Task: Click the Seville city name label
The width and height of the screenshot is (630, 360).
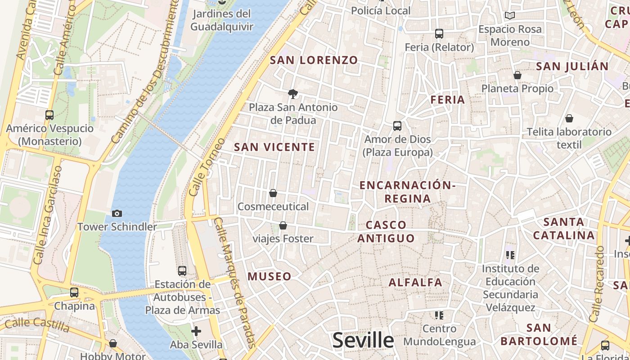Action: (x=363, y=341)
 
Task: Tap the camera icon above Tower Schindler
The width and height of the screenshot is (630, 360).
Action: (x=117, y=213)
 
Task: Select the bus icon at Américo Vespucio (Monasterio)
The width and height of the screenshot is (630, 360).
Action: (x=49, y=115)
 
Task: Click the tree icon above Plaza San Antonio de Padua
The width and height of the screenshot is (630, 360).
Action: (x=293, y=94)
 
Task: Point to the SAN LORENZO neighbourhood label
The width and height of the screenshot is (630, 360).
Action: (x=314, y=60)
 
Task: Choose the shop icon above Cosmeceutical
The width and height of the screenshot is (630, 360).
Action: (x=273, y=193)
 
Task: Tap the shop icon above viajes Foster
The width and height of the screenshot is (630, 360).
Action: (x=283, y=225)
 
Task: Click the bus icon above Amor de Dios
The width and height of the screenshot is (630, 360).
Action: (x=397, y=126)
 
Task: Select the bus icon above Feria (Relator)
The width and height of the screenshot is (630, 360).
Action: (x=439, y=34)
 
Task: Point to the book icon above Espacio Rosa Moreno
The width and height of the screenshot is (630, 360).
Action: (x=509, y=16)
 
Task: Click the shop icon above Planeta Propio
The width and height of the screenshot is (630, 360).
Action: (x=517, y=75)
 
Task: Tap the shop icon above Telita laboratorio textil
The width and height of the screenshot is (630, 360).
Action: (x=569, y=118)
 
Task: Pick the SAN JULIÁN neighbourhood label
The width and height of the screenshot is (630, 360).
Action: (x=572, y=67)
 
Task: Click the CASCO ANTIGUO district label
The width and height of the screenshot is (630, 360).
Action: (x=386, y=231)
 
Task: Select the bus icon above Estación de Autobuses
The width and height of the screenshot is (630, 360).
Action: (x=182, y=271)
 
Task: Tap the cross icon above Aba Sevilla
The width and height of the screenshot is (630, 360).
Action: (x=196, y=332)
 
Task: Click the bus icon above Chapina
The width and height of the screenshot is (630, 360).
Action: (x=74, y=293)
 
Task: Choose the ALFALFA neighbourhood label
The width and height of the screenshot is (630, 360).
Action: (x=415, y=283)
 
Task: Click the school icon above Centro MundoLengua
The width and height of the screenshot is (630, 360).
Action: (x=439, y=315)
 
